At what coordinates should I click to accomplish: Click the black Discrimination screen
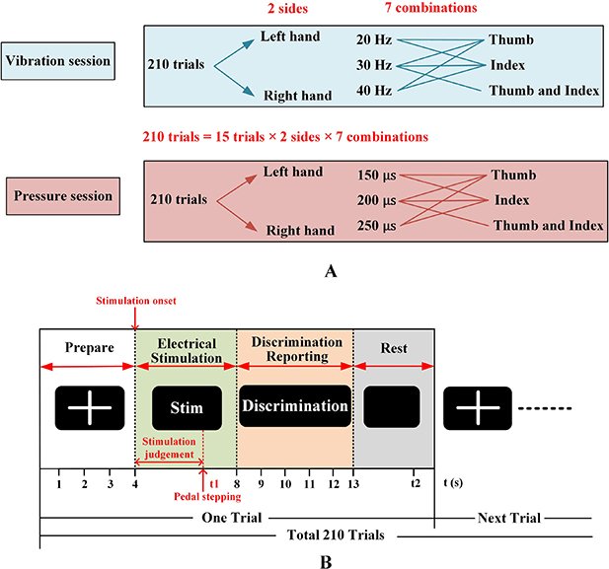pos(295,406)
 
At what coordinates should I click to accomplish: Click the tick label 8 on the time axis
pos(237,484)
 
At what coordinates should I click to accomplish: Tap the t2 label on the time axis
pos(418,484)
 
